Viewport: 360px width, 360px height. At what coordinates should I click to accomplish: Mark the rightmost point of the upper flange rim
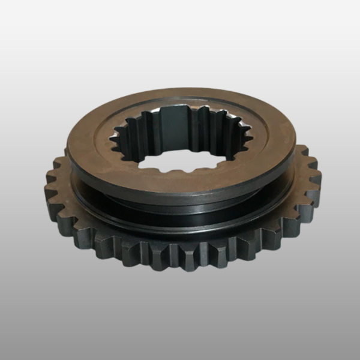295,144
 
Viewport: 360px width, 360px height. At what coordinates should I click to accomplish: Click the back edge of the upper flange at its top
180,89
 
